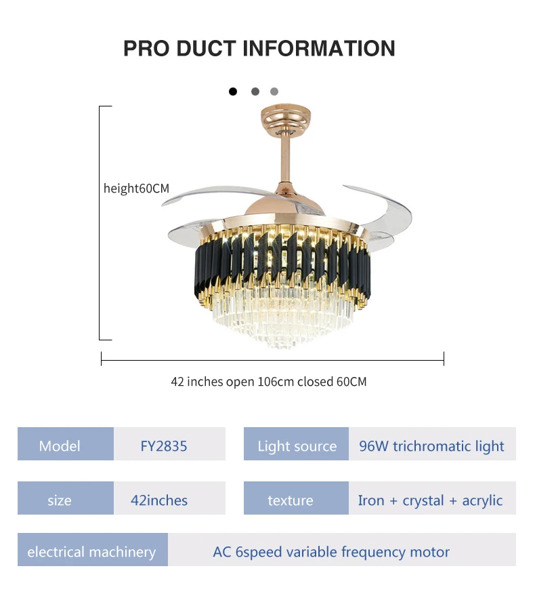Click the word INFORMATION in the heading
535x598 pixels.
318,48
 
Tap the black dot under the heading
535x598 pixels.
233,91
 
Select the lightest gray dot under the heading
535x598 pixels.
274,91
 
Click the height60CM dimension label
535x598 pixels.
136,188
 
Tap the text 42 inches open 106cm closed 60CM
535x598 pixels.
268,382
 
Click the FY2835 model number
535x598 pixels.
164,445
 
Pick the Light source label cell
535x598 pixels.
297,445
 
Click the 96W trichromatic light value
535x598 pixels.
431,445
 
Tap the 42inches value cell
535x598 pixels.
159,500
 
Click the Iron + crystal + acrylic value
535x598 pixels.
430,500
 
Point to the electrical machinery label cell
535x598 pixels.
91,552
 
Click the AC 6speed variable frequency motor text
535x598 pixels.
331,552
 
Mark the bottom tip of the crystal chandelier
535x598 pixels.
284,345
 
